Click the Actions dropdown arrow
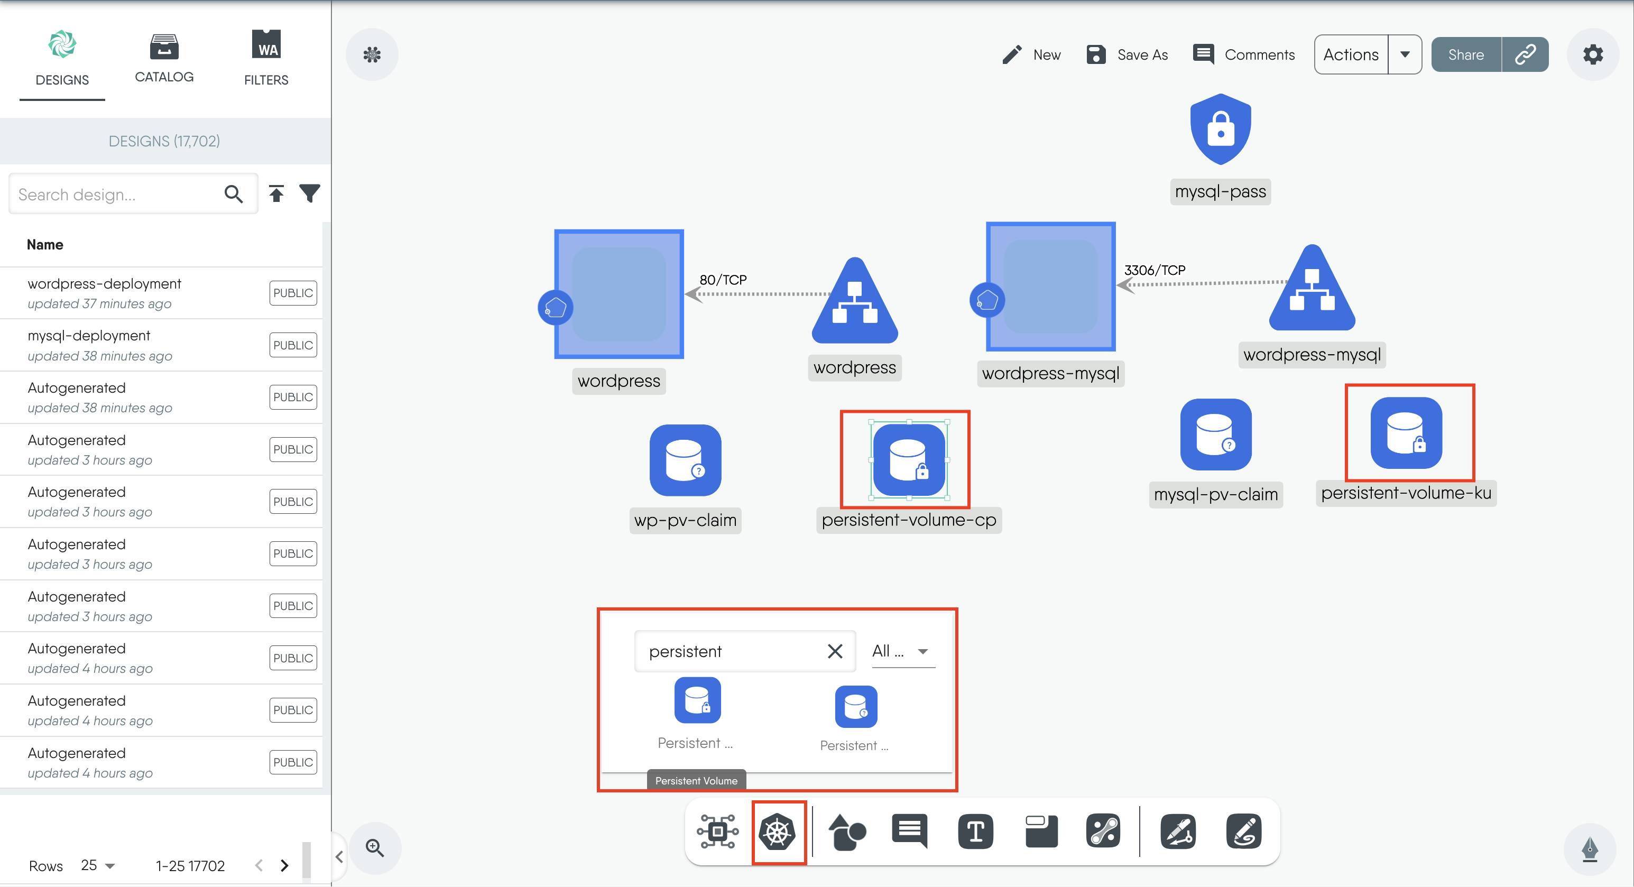point(1405,54)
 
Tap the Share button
point(1466,54)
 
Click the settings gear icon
point(1592,54)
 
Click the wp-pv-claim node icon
point(685,460)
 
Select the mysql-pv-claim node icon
point(1215,435)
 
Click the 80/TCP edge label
point(723,280)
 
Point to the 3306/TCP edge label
point(1155,270)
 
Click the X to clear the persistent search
point(835,651)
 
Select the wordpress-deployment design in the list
point(105,284)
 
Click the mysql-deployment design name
point(89,336)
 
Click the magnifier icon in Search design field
point(234,193)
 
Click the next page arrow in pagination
point(284,865)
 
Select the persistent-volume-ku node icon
point(1406,433)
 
